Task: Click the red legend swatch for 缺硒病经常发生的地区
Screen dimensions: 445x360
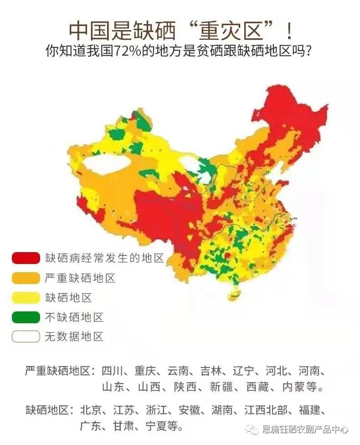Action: tap(26, 258)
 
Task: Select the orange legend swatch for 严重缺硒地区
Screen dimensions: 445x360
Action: tap(26, 278)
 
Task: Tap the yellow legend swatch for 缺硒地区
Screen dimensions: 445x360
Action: tap(26, 297)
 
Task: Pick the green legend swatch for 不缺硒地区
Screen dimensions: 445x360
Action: tap(26, 317)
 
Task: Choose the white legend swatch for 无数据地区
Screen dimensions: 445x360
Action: tap(26, 336)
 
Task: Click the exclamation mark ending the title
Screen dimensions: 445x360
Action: tap(288, 30)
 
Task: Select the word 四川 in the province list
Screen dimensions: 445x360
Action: tap(113, 371)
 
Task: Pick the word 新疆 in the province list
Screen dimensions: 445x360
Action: tap(221, 388)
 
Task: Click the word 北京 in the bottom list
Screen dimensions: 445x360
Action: tap(92, 409)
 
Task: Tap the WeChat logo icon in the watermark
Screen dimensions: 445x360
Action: tap(252, 429)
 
